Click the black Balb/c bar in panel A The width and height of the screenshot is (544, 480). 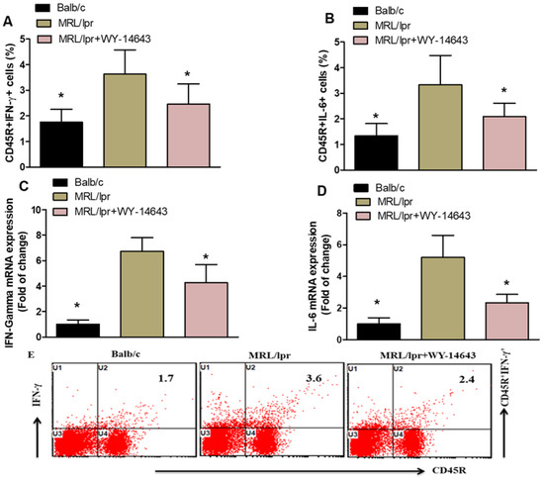coord(61,144)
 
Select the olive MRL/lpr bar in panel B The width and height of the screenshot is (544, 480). coord(440,128)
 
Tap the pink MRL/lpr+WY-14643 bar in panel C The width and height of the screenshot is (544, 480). coord(206,310)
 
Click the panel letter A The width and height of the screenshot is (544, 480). coord(8,22)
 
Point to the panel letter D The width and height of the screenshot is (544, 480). coord(322,191)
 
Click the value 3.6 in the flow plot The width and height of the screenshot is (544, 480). coord(314,378)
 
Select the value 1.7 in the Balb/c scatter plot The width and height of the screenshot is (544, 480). coord(166,378)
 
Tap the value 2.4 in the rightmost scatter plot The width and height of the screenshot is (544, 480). coord(466,379)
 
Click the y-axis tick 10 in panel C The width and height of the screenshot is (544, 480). coord(36,210)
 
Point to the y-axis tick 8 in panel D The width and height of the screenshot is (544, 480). coord(340,213)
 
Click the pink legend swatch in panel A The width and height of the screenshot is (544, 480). coord(45,39)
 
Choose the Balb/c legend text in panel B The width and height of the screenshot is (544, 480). coord(390,11)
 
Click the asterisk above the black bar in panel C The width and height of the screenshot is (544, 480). coord(77,306)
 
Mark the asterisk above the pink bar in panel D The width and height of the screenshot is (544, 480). coord(506,284)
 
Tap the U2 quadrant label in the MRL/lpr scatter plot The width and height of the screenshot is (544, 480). coord(250,367)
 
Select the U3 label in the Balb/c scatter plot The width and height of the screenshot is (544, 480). coord(57,432)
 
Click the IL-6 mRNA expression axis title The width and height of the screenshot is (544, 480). coord(313,276)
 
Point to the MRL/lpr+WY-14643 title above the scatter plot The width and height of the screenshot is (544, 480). coord(427,355)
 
